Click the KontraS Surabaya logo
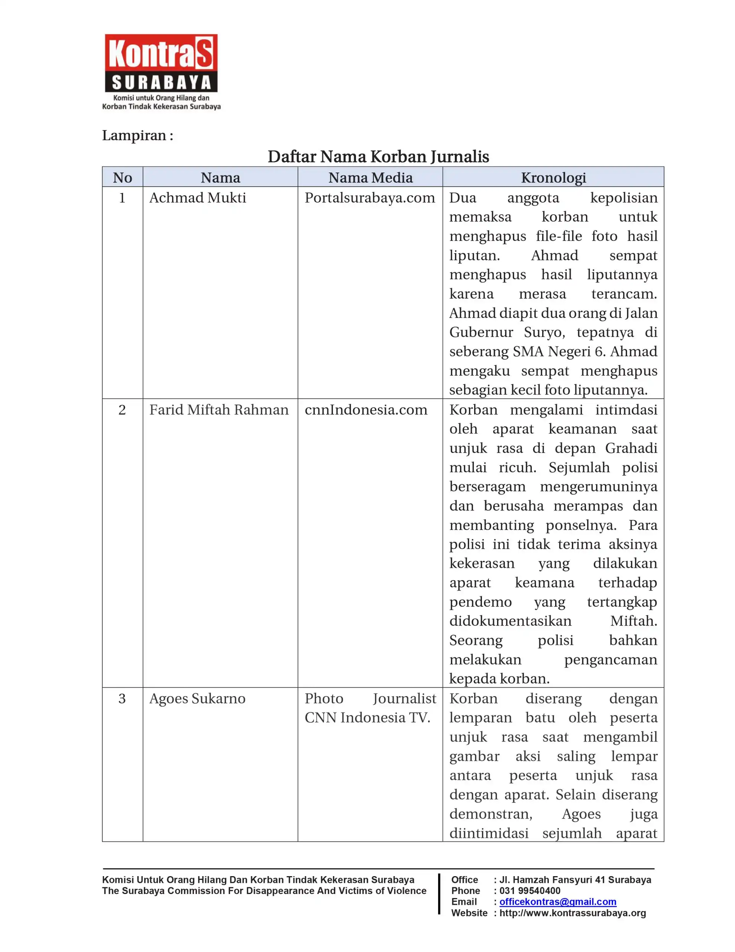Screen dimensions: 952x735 161,71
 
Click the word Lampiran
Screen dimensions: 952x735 134,136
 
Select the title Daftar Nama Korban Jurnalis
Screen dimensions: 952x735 378,157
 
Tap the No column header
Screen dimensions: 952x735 122,177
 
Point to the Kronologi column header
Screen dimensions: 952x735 553,177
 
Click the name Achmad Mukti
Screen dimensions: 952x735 197,198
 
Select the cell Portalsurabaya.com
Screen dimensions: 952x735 369,198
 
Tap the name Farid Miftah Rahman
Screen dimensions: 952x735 219,410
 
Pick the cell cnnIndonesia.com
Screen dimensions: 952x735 366,410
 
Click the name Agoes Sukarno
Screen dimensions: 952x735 197,698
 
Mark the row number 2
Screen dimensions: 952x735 122,410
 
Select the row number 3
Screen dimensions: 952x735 122,698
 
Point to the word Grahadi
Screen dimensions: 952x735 631,448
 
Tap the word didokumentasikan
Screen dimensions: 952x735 510,621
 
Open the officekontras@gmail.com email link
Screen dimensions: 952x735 557,901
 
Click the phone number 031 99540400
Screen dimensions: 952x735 530,891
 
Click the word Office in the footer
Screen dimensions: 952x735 464,879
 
